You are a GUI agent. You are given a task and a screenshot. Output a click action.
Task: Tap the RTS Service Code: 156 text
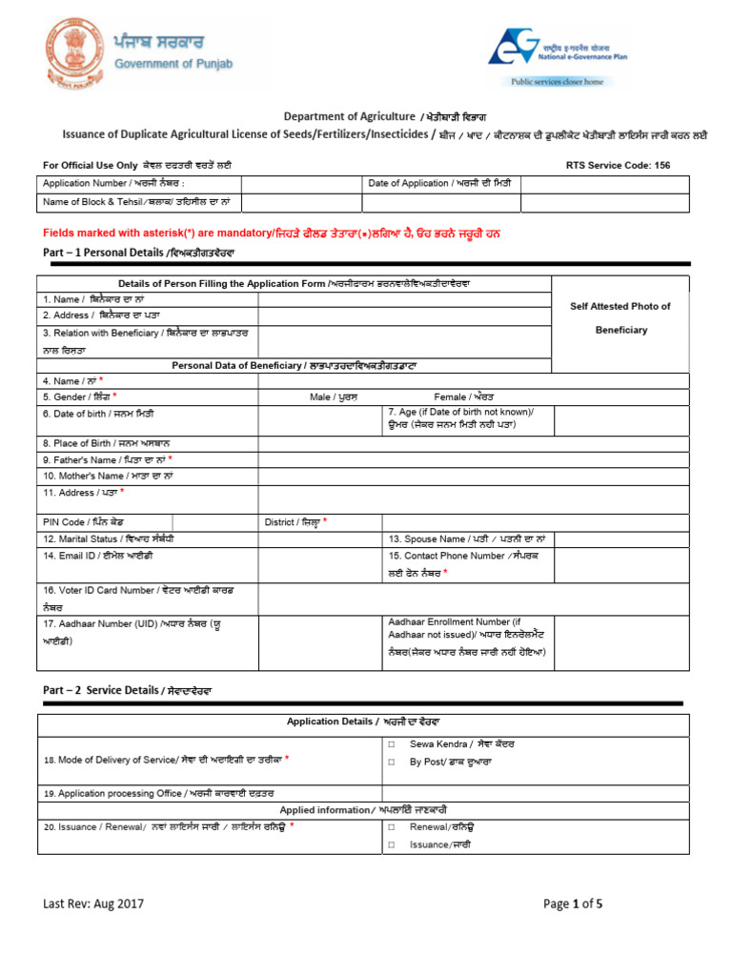click(618, 165)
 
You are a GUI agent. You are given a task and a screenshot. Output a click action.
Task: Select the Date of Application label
click(442, 183)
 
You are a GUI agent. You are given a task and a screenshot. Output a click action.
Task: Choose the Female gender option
click(464, 396)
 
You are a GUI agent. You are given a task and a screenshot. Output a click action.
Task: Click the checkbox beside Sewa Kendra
click(391, 743)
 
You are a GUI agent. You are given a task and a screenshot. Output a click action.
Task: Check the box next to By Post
click(391, 762)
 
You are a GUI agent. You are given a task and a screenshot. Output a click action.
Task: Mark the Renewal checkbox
click(391, 826)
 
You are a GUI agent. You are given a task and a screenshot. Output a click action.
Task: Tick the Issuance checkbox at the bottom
click(391, 844)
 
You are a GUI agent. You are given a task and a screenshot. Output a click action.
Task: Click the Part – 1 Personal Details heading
click(138, 253)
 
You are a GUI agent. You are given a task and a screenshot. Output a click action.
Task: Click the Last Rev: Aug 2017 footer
click(92, 904)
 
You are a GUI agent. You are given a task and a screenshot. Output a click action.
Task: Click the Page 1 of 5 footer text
click(573, 904)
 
